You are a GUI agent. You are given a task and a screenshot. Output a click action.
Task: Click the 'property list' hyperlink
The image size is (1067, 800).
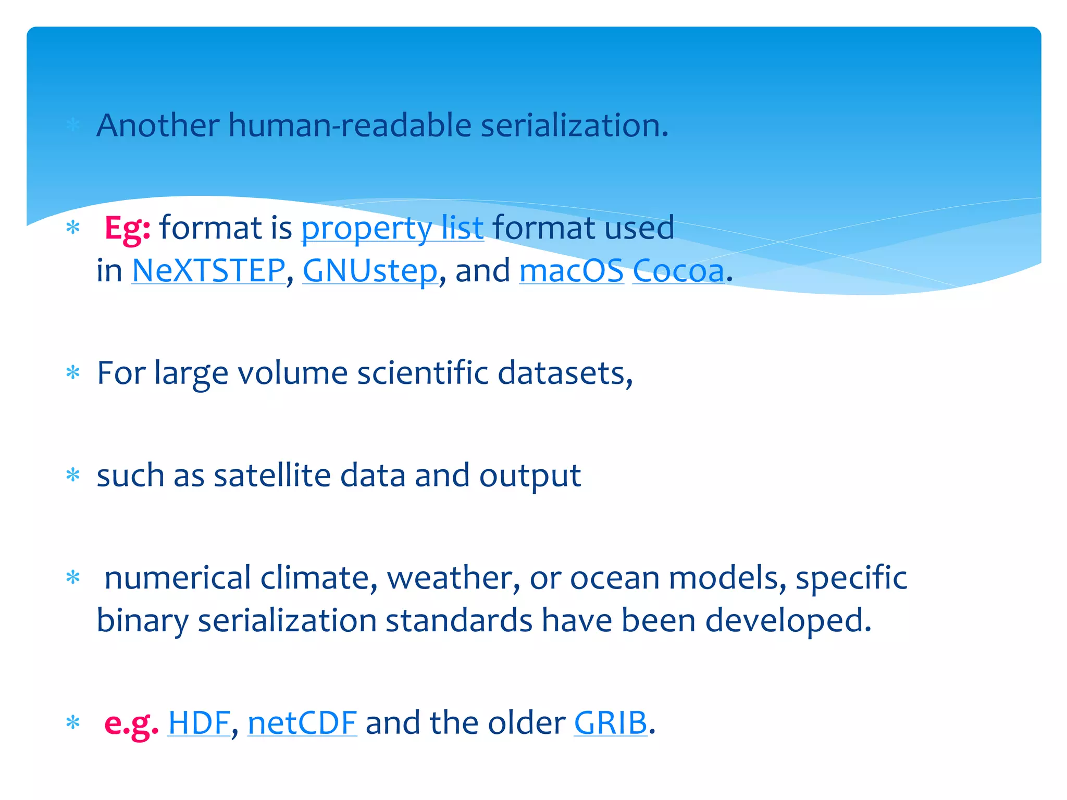[x=392, y=228]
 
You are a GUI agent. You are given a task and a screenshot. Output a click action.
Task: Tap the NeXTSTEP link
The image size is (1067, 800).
[x=208, y=271]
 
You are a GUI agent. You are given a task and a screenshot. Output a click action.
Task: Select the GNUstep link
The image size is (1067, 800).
[x=370, y=271]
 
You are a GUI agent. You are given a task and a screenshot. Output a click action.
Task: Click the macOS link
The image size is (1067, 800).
[x=571, y=271]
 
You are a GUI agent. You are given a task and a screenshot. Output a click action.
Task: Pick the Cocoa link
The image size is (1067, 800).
[x=678, y=271]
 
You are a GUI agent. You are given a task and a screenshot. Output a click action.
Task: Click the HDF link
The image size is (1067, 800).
[x=198, y=723]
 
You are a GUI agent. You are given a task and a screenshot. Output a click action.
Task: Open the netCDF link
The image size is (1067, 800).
[x=302, y=723]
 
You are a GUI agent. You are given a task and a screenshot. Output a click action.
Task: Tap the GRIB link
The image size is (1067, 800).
[x=610, y=723]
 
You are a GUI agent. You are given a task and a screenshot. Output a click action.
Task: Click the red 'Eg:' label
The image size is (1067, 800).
[x=127, y=228]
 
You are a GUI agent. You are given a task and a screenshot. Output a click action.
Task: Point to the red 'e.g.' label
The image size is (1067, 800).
[x=131, y=723]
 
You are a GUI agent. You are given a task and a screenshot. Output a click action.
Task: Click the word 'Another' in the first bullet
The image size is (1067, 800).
[x=158, y=126]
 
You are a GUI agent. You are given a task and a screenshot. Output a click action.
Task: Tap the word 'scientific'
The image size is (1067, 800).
[x=423, y=373]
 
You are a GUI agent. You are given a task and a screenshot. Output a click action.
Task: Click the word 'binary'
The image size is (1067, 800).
[x=142, y=621]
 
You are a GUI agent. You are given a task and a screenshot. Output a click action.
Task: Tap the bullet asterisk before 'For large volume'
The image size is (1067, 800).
[x=73, y=373]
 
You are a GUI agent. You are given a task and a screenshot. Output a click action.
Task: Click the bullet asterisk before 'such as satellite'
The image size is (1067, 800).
[x=73, y=475]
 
